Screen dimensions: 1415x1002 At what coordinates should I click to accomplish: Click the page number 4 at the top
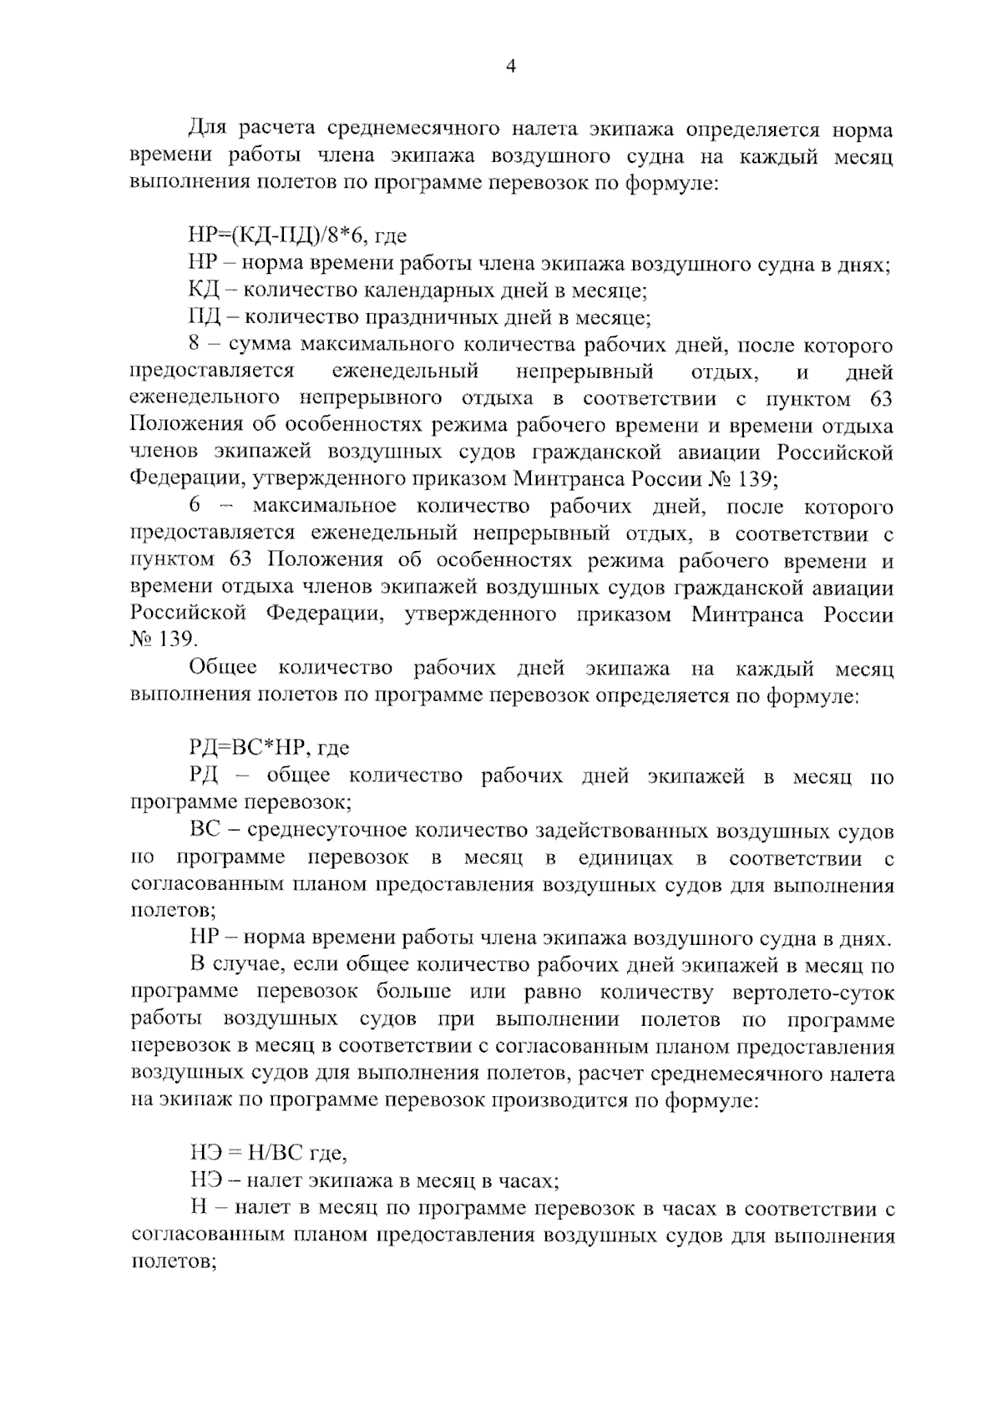[x=511, y=68]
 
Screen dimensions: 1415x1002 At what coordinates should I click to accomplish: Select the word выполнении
[x=558, y=1019]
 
